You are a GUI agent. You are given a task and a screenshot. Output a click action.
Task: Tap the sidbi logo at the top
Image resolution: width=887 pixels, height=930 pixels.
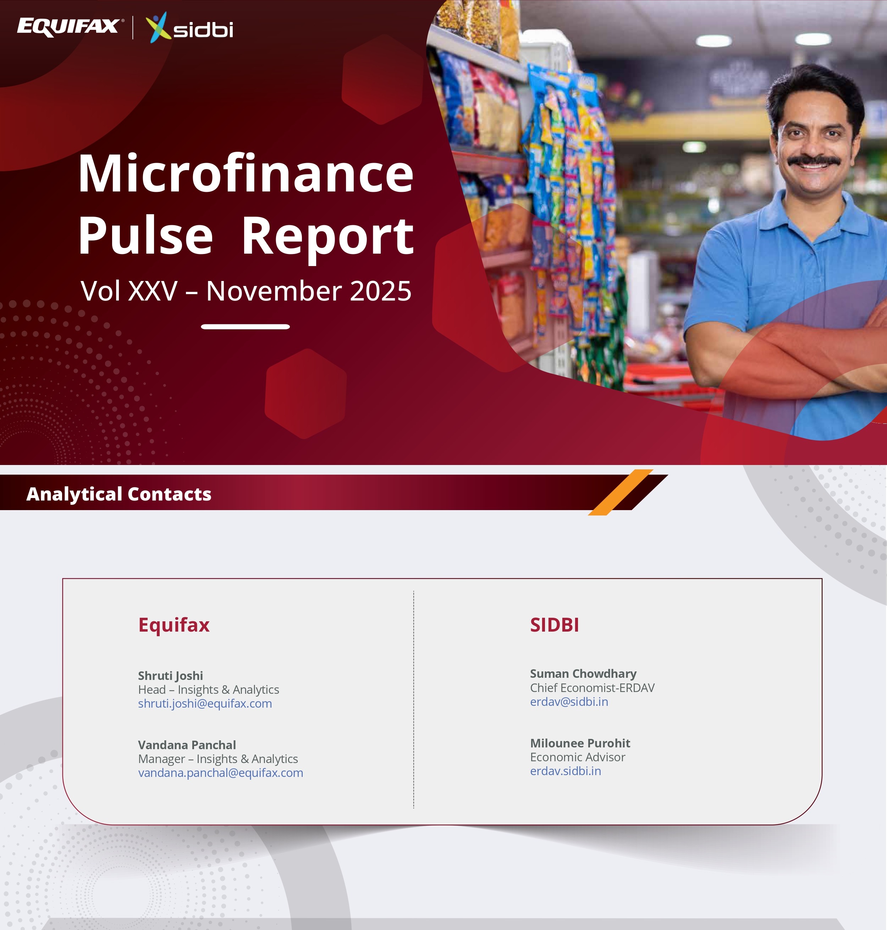pos(189,27)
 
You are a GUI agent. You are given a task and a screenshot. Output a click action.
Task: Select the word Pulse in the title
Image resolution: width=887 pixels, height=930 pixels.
pos(145,235)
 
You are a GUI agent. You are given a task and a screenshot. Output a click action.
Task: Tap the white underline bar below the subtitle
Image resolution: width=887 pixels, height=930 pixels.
pos(246,326)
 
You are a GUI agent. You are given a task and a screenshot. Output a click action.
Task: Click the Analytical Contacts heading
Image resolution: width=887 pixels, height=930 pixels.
pos(119,494)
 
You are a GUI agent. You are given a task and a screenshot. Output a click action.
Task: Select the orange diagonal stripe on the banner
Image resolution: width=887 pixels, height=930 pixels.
pos(620,492)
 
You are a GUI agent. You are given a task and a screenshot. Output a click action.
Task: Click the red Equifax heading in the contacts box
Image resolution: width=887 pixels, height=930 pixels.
pos(174,625)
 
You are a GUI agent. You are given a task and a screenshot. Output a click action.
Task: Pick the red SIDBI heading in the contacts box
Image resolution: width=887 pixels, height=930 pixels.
pos(555,625)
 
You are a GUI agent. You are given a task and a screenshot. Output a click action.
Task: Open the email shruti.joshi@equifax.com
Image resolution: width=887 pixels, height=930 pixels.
pos(205,703)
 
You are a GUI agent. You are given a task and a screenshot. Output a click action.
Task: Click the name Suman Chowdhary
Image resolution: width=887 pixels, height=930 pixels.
pos(583,674)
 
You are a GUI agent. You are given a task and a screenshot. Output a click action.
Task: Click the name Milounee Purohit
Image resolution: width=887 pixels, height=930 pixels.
pos(580,743)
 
